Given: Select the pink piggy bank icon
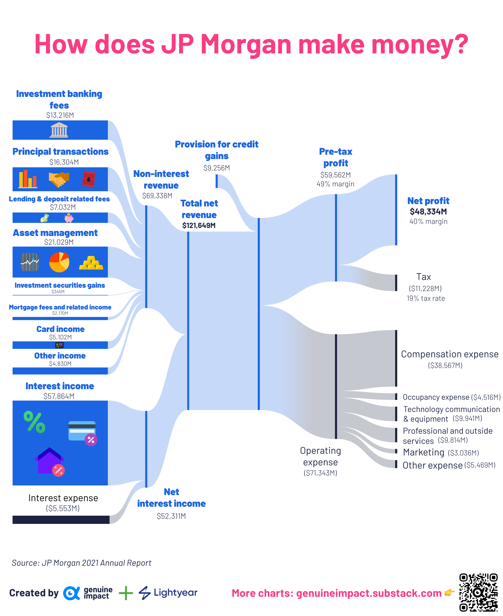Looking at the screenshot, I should pos(69,218).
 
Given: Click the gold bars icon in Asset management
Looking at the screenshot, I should pos(91,263).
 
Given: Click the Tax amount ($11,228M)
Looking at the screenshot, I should pos(425,288).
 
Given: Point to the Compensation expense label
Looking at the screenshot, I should pos(449,354).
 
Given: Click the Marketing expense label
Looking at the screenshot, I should pos(423,452).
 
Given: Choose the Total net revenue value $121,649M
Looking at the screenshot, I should pos(199,226).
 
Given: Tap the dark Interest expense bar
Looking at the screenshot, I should pos(61,520).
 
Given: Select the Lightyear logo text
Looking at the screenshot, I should pos(175,593).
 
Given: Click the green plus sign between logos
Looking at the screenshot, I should pos(126,593).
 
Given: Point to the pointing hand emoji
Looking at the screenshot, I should pos(449,593).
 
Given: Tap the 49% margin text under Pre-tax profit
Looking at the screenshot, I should pos(335,184).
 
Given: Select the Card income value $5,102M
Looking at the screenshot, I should pos(60,337).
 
